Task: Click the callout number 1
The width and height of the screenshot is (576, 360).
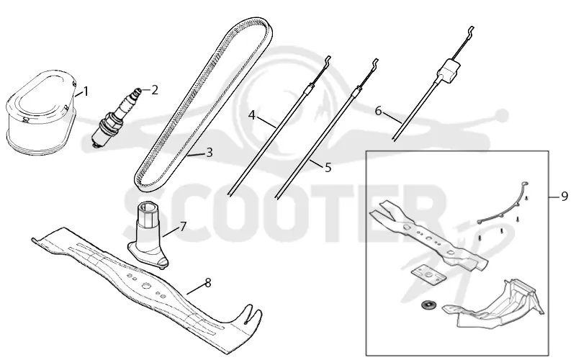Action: pos(86,91)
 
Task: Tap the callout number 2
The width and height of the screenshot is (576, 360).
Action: pos(154,89)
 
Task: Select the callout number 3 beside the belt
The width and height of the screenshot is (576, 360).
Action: pos(210,152)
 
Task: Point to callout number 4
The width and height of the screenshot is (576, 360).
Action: pos(251,115)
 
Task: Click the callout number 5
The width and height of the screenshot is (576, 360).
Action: pos(328,167)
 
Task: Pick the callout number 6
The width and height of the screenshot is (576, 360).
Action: pos(379,111)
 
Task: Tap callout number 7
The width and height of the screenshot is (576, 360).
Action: pos(183,226)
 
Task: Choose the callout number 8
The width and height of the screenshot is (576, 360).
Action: pos(208,283)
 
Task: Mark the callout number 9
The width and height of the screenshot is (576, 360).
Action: pos(564,197)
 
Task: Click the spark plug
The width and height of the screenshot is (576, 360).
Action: pos(116,117)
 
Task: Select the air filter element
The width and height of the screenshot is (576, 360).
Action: pos(41,111)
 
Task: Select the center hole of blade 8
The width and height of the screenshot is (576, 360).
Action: pos(146,284)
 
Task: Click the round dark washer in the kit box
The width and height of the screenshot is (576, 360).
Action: pos(427,305)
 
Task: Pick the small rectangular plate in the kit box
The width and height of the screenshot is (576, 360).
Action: pos(427,275)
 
